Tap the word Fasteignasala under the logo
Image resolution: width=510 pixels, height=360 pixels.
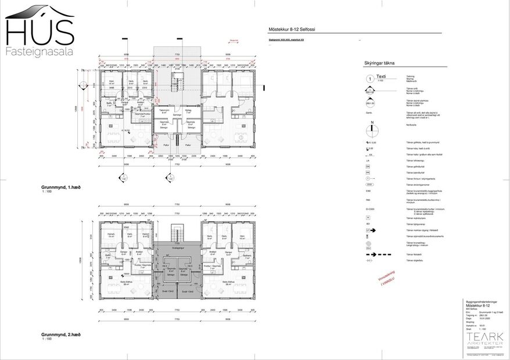[x=39, y=52]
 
